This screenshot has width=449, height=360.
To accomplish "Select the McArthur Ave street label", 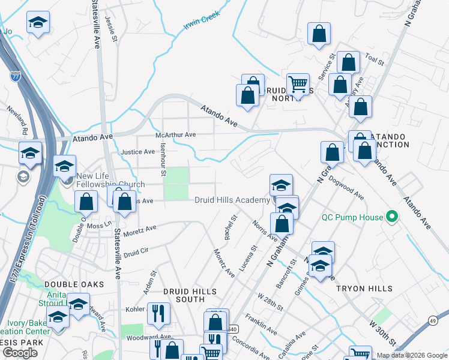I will (x=176, y=135).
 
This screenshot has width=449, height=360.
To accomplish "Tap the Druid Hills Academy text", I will (x=232, y=200).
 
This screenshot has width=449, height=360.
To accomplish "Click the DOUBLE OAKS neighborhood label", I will (x=74, y=284).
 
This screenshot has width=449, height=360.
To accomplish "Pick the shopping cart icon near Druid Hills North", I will (x=297, y=83).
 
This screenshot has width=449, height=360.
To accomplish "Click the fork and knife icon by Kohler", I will (x=158, y=311).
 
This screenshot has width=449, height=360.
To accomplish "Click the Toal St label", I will (x=373, y=60).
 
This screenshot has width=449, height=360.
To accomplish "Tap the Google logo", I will (x=20, y=353).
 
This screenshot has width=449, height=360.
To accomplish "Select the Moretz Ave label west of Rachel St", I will (x=142, y=230).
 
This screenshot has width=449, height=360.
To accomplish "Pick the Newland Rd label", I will (x=17, y=120).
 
